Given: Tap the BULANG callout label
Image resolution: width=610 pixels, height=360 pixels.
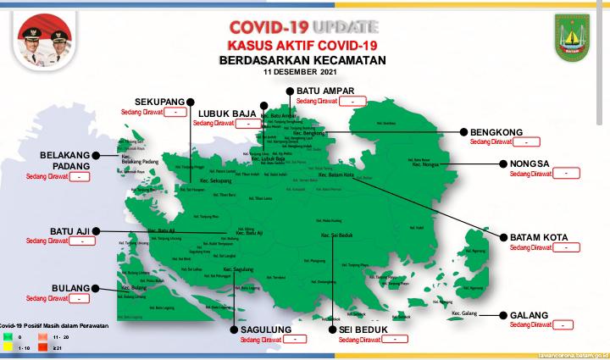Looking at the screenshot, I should (70, 288).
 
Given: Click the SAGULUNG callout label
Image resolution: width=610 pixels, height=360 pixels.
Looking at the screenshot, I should (264, 330).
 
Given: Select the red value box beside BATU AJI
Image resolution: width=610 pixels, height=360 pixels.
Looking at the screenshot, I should (82, 241).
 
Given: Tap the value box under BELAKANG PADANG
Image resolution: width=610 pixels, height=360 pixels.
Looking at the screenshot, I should (79, 177).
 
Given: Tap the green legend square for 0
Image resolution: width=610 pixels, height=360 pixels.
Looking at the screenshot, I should (7, 337).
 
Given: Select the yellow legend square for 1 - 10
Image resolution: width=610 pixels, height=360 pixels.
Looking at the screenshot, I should (7, 348).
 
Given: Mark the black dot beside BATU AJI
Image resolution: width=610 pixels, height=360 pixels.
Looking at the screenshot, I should (97, 230).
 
